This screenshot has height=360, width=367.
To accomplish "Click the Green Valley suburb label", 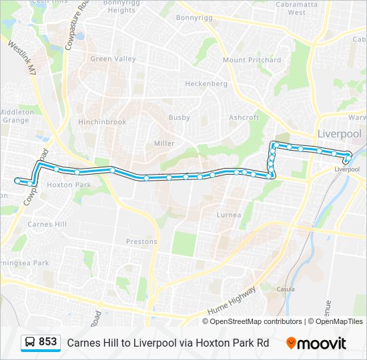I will (113, 59).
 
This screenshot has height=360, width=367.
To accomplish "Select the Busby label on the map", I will (179, 117).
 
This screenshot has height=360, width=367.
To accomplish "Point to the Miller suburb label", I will (164, 143).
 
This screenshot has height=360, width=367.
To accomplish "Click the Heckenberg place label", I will (206, 84).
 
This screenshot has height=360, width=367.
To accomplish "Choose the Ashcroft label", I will (244, 117).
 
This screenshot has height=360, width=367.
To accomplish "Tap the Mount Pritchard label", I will (252, 60).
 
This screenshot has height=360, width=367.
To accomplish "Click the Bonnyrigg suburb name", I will (193, 18).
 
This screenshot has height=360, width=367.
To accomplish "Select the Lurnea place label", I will (229, 215).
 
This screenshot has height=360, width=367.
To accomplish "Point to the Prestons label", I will (141, 241).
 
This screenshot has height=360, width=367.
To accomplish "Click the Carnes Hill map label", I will (47, 225).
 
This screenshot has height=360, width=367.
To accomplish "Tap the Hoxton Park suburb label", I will (69, 185).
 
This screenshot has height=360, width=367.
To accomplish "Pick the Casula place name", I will (285, 289).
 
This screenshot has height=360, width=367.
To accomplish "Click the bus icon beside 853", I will (30, 342).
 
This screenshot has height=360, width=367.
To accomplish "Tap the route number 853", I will (47, 342).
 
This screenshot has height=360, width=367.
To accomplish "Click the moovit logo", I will (316, 343).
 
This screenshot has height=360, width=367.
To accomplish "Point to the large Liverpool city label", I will (339, 133).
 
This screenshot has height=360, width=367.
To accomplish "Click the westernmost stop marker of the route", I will (17, 180).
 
